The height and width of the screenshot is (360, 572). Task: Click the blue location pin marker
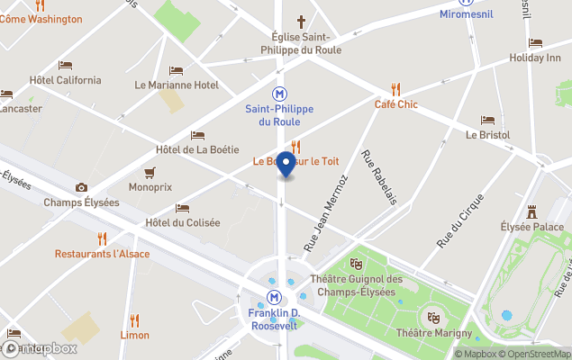(286, 164)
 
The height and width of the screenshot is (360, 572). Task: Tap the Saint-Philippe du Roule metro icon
(280, 94)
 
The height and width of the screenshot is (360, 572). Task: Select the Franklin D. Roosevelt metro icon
(273, 297)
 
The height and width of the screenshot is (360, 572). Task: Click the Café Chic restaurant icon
(395, 89)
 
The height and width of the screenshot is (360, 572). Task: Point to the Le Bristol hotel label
(487, 135)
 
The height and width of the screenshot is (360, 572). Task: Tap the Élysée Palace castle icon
(532, 211)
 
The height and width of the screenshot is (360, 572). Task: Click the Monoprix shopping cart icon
(150, 173)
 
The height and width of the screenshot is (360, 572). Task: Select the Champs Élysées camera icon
(82, 187)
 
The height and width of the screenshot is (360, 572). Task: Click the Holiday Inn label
(535, 58)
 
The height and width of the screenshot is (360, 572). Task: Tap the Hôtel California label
(65, 80)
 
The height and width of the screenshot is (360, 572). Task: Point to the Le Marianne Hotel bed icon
(176, 70)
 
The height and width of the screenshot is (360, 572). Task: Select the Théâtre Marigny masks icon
(433, 318)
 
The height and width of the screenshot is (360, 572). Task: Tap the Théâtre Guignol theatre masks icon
(357, 264)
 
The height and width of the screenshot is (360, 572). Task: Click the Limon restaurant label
(135, 335)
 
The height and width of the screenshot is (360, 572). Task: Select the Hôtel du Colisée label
(183, 222)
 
